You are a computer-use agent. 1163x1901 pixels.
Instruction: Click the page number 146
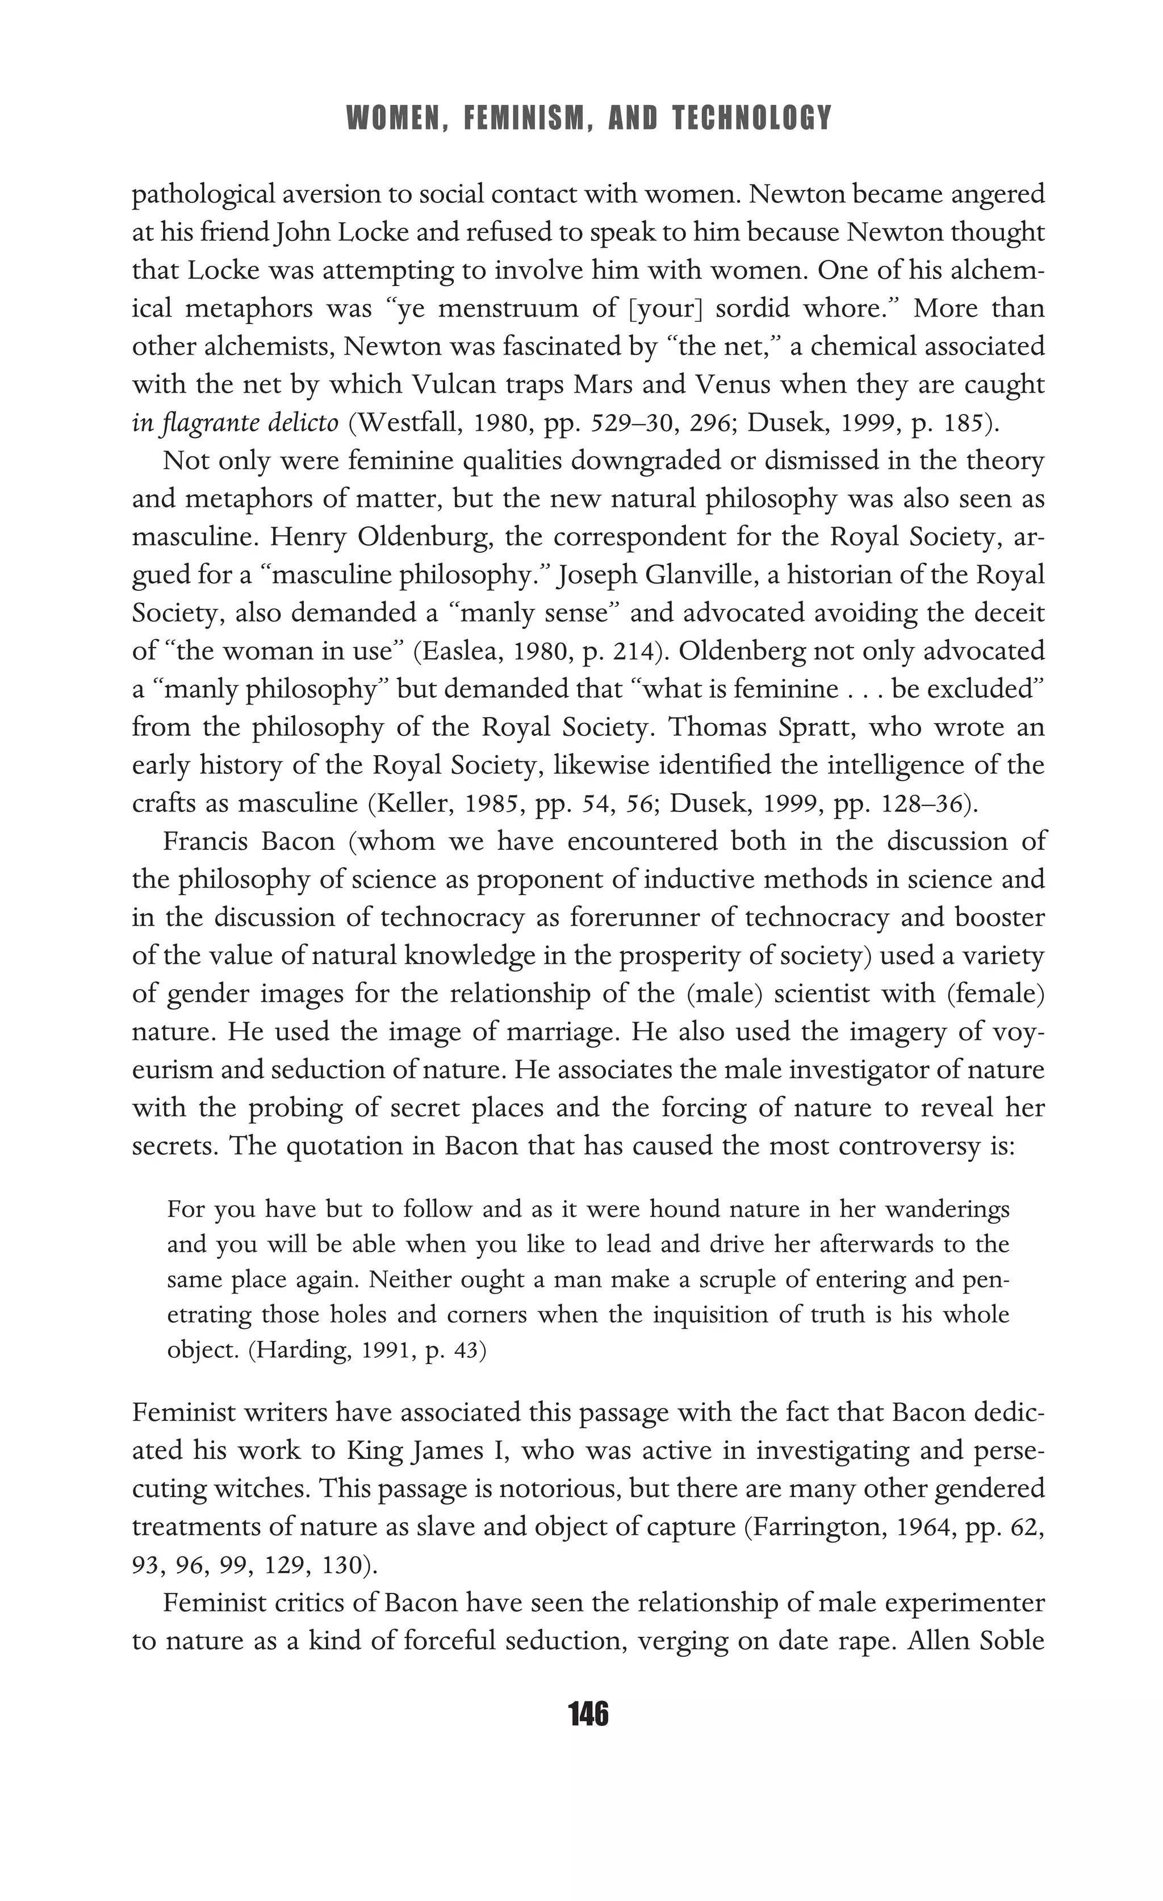click(x=588, y=1714)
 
